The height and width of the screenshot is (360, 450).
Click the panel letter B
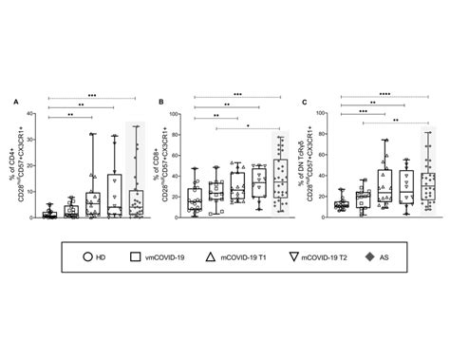coord(162,99)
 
